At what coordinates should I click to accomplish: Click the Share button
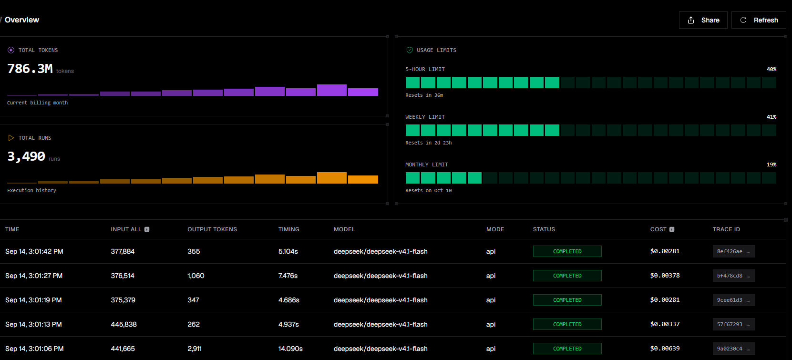pyautogui.click(x=703, y=20)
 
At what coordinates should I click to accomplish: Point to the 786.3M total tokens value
pyautogui.click(x=30, y=69)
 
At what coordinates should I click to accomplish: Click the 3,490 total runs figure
pyautogui.click(x=26, y=156)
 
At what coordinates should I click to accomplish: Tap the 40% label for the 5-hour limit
pyautogui.click(x=771, y=69)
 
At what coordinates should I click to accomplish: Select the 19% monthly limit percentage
pyautogui.click(x=771, y=165)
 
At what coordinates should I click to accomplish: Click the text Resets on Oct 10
pyautogui.click(x=429, y=190)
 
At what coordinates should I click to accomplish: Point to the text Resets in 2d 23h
pyautogui.click(x=429, y=143)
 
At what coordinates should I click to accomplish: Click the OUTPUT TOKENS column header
pyautogui.click(x=212, y=229)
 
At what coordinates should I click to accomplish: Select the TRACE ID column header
pyautogui.click(x=726, y=229)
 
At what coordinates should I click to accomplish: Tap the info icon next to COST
pyautogui.click(x=672, y=229)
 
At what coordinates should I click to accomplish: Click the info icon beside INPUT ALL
pyautogui.click(x=147, y=229)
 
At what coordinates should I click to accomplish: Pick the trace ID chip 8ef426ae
pyautogui.click(x=734, y=251)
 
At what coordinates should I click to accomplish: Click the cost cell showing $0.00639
pyautogui.click(x=665, y=349)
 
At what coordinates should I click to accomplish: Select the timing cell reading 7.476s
pyautogui.click(x=288, y=276)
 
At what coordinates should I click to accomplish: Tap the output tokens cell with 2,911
pyautogui.click(x=195, y=349)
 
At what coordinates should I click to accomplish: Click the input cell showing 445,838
pyautogui.click(x=124, y=324)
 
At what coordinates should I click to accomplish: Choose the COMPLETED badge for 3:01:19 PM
pyautogui.click(x=567, y=300)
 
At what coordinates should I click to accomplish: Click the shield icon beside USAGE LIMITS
pyautogui.click(x=410, y=50)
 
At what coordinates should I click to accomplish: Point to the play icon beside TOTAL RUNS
pyautogui.click(x=11, y=138)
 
